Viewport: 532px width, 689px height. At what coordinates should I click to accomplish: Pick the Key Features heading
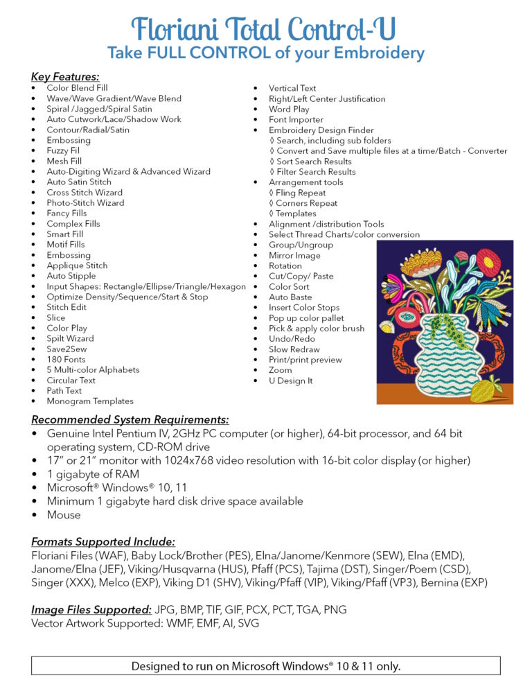click(x=65, y=76)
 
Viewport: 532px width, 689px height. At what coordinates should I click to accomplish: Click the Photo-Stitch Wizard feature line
click(x=85, y=203)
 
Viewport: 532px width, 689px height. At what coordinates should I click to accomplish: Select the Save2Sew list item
click(x=66, y=349)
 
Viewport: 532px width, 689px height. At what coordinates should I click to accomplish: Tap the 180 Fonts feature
click(x=66, y=359)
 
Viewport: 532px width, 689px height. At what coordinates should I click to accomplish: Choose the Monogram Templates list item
click(x=90, y=401)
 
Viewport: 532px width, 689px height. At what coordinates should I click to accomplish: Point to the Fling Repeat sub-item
click(x=300, y=193)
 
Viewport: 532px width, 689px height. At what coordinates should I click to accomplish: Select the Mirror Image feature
click(x=294, y=255)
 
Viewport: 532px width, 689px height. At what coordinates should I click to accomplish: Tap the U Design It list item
click(x=290, y=381)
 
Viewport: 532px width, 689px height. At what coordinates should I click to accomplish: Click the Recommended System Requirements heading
click(x=130, y=419)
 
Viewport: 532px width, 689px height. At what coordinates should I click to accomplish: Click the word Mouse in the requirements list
click(x=64, y=515)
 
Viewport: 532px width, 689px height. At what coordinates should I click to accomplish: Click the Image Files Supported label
click(x=91, y=610)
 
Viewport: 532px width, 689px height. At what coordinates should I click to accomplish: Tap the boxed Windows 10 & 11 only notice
click(x=266, y=666)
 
